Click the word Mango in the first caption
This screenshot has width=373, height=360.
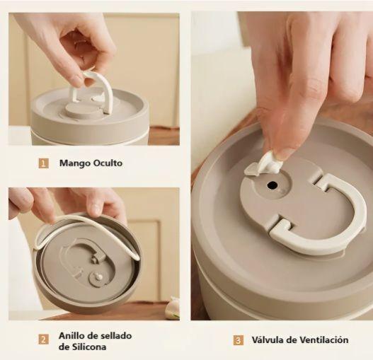pyautogui.click(x=75, y=163)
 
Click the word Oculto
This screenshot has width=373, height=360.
pyautogui.click(x=108, y=163)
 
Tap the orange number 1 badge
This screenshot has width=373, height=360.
pyautogui.click(x=44, y=163)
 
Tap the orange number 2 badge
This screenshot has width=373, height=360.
pyautogui.click(x=43, y=339)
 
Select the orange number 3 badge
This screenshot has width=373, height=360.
pyautogui.click(x=238, y=340)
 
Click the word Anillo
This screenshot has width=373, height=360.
pyautogui.click(x=71, y=336)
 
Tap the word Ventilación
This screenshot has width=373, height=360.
pyautogui.click(x=323, y=339)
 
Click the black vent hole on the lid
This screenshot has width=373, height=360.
pyautogui.click(x=272, y=185)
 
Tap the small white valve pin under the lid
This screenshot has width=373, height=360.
pyautogui.click(x=99, y=277)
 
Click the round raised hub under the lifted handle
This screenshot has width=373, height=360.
pyautogui.click(x=79, y=110)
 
